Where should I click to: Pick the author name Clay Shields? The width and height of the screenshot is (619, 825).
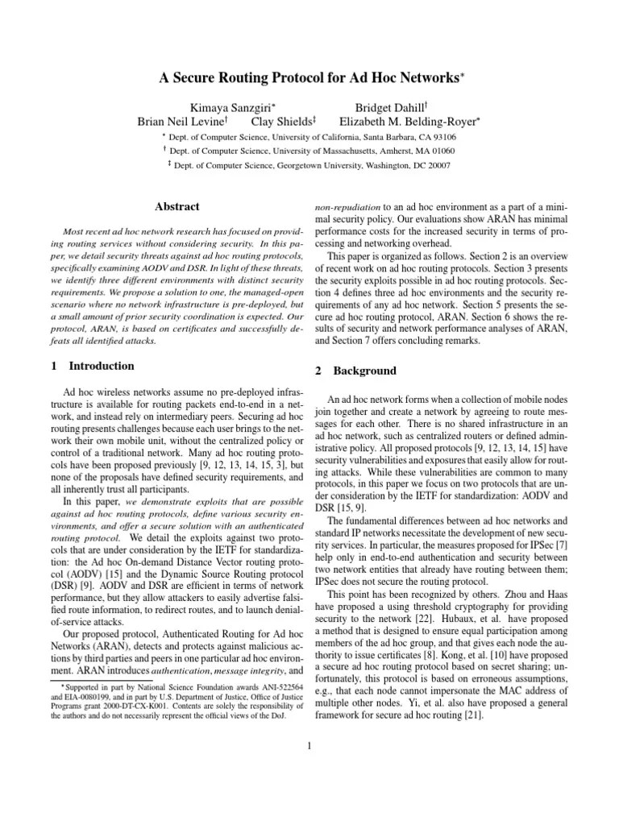coord(283,122)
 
